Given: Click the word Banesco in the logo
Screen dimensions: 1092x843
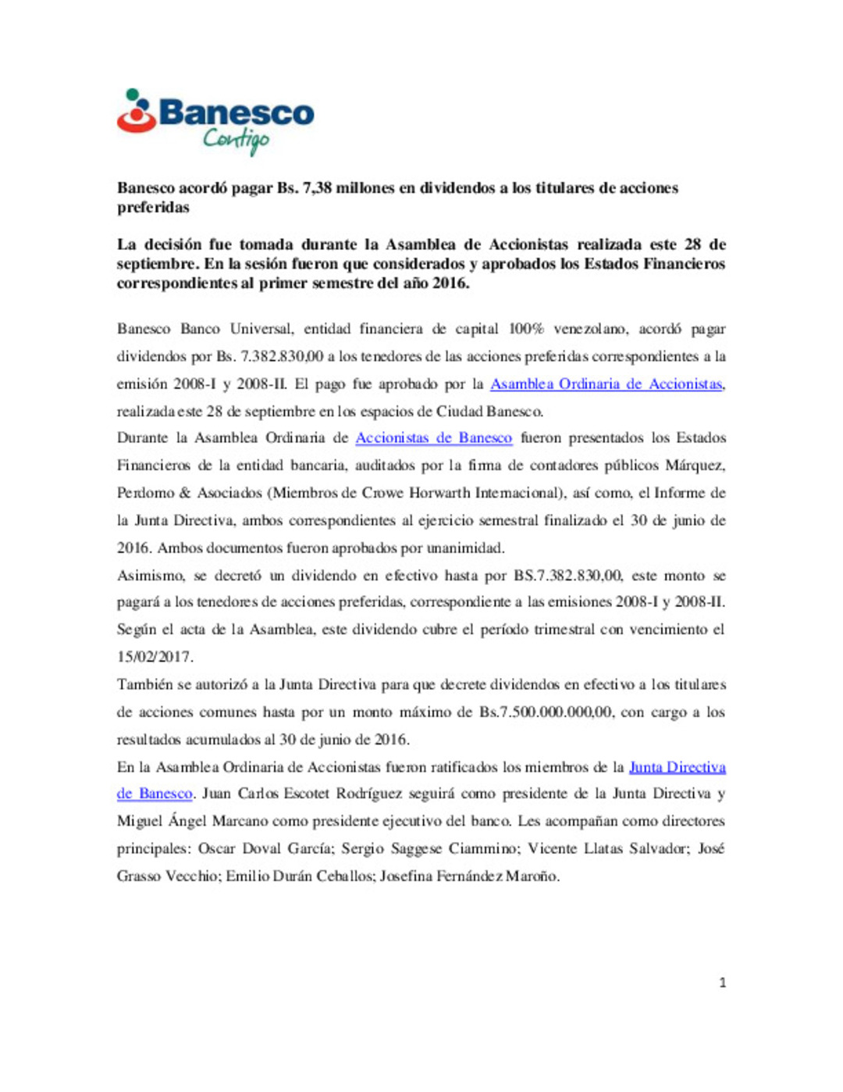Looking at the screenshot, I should pos(237,113).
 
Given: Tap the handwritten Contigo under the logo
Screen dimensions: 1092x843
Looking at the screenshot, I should pos(236,140).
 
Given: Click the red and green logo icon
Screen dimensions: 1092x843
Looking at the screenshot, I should pos(136,111).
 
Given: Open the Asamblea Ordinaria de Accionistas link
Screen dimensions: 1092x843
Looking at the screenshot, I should pos(606,384).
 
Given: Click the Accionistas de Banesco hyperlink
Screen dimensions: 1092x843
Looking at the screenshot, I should pos(433,438).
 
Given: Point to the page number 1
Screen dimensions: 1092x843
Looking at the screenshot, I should pos(722,983).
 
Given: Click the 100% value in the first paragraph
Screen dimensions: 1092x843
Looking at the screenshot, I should pos(526,329).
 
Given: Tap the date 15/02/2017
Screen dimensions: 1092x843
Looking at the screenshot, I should pos(155,657).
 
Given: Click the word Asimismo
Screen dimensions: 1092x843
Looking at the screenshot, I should pos(151,576).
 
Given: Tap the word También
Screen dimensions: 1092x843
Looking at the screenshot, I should pos(145,684).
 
